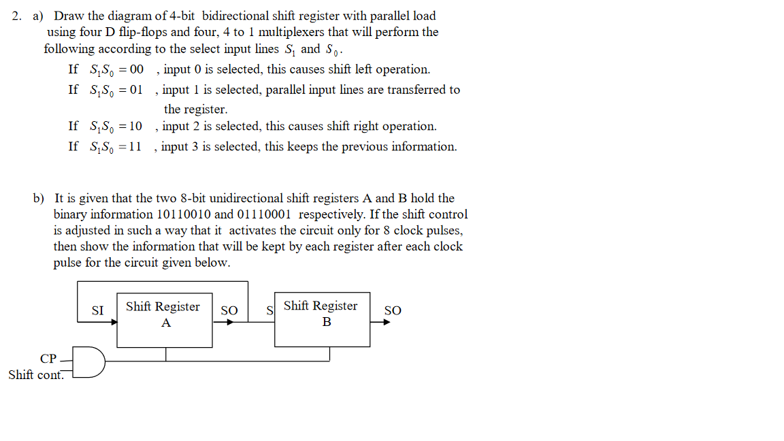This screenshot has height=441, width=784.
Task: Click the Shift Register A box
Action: (165, 321)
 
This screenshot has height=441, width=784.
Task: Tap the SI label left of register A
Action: (98, 311)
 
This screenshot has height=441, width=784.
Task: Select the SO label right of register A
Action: (229, 311)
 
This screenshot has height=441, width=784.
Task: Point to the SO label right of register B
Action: (393, 311)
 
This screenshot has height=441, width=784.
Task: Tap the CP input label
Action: (48, 358)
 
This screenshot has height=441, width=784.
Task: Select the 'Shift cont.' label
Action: (35, 375)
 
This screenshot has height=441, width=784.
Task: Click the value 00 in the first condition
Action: (136, 69)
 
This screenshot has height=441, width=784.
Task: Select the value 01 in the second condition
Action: (136, 90)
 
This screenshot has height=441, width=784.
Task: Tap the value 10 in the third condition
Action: (135, 127)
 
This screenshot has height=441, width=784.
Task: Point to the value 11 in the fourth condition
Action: (135, 147)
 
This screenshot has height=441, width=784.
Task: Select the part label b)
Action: (39, 199)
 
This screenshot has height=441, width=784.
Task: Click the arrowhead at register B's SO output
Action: (387, 322)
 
